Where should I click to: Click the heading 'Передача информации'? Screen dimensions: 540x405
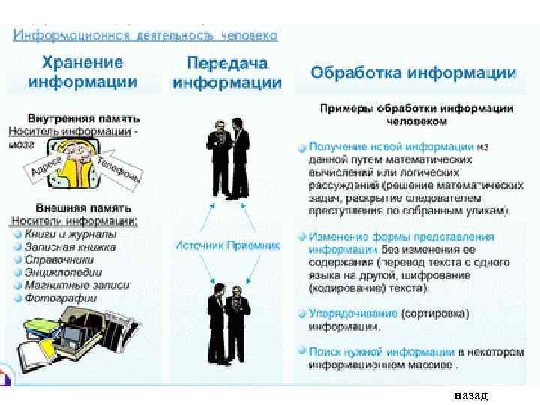click(x=226, y=73)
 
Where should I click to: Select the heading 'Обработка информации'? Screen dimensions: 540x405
click(x=413, y=73)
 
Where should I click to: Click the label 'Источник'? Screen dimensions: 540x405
click(x=200, y=244)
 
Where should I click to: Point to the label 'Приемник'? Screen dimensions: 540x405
click(x=253, y=244)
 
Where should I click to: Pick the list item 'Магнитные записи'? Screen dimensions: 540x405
click(x=76, y=285)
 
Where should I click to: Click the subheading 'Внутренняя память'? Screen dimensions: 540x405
click(x=84, y=118)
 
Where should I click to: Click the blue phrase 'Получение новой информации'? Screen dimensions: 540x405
click(x=391, y=147)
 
